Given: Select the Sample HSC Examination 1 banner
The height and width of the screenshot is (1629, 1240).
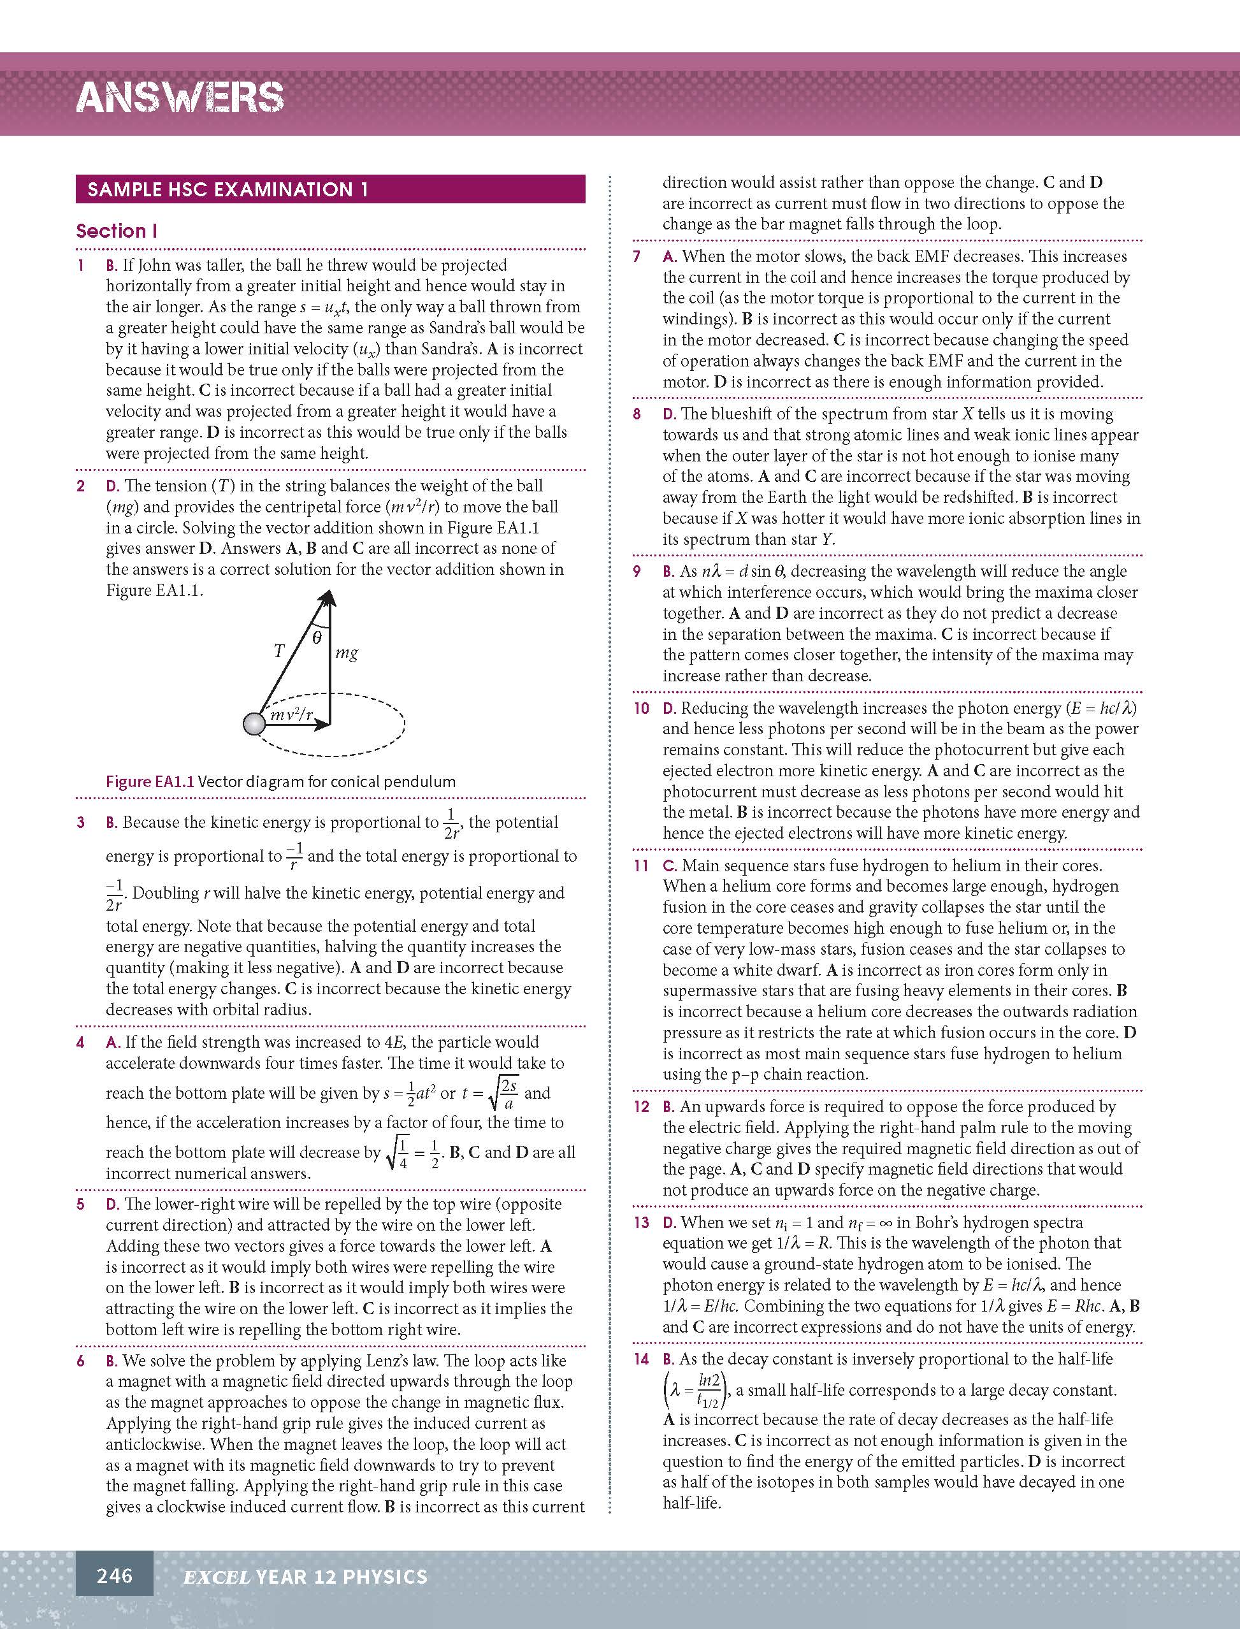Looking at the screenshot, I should (x=330, y=189).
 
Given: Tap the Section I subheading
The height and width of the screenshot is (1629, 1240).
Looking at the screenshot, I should (x=117, y=231).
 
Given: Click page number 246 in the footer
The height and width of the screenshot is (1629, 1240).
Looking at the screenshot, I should (x=115, y=1576).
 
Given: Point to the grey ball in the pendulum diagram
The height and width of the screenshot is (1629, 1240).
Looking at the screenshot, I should (x=254, y=723).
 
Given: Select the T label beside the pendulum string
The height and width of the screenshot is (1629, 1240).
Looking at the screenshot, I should (x=279, y=650).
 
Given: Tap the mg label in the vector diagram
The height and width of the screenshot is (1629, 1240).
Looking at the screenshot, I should (x=346, y=653).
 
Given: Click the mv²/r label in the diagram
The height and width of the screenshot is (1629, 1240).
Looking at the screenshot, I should (x=292, y=714).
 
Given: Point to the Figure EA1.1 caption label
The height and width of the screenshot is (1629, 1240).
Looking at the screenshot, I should (x=150, y=781).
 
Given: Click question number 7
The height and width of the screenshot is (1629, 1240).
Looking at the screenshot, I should (x=637, y=257).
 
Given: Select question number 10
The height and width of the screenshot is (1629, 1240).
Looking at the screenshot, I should (x=642, y=709).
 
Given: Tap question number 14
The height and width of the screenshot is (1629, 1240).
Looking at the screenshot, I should (x=642, y=1359).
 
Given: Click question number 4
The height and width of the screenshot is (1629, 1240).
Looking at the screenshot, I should (x=80, y=1042).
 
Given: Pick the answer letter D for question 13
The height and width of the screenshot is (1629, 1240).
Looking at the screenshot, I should (x=668, y=1223).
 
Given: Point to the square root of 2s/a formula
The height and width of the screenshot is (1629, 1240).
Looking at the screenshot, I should (x=503, y=1093).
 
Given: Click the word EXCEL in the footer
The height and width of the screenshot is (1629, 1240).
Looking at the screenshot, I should (x=216, y=1577).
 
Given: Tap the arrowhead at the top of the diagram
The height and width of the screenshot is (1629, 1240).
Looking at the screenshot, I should (x=328, y=597).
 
